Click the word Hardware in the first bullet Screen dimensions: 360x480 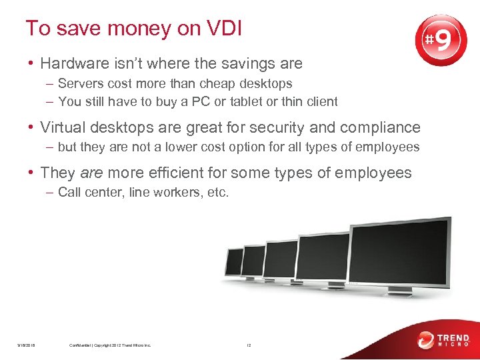(x=73, y=64)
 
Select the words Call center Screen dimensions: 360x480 (x=87, y=193)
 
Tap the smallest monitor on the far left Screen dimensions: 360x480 (x=234, y=261)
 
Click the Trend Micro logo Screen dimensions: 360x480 (x=443, y=340)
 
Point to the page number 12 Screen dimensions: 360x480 (x=248, y=345)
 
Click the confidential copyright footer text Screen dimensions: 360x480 (x=110, y=345)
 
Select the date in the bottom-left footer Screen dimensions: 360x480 (x=27, y=345)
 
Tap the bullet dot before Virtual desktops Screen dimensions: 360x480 (x=31, y=127)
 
